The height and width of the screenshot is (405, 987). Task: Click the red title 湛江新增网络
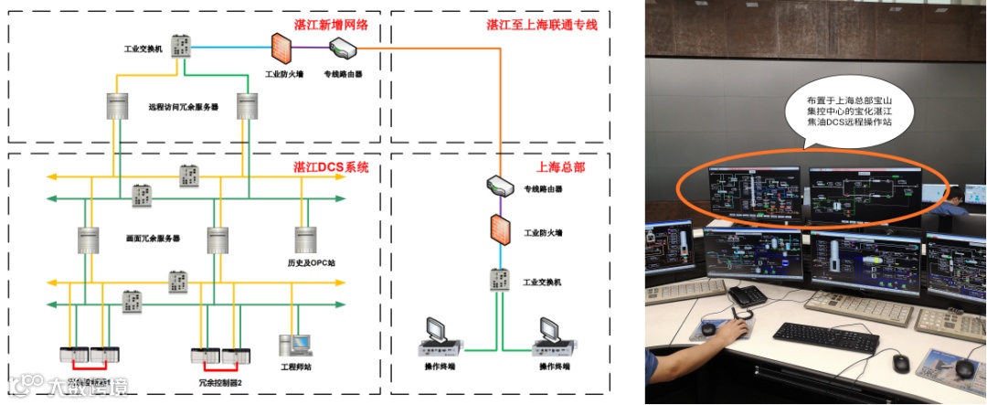click(x=331, y=25)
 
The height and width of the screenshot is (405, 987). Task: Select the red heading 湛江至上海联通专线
click(x=541, y=25)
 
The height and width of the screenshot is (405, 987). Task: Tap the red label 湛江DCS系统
click(x=331, y=167)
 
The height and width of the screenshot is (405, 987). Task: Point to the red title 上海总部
click(x=560, y=167)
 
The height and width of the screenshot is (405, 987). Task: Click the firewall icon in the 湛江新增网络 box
click(x=281, y=47)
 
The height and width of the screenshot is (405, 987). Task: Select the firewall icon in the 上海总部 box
click(x=498, y=229)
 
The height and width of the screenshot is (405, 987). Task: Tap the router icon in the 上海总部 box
click(x=498, y=185)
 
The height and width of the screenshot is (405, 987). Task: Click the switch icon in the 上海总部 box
click(x=498, y=276)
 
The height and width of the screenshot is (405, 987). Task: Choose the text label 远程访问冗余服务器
click(x=183, y=107)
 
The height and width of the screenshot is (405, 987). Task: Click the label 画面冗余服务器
click(x=152, y=238)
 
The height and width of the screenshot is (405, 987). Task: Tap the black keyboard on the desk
click(x=826, y=336)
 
